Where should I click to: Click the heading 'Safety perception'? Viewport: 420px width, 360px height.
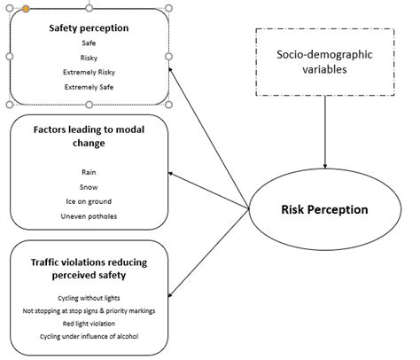[89, 27]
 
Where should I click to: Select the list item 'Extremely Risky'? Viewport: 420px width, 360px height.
[89, 72]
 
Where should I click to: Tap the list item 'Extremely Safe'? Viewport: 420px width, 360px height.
[89, 87]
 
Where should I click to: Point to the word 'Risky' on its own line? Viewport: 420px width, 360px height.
[89, 57]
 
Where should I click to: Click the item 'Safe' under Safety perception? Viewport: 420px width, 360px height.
[89, 42]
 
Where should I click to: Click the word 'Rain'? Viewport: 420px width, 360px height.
[89, 173]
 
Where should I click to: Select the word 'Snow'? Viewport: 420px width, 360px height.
[89, 187]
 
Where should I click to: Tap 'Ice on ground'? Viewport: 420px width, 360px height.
[89, 202]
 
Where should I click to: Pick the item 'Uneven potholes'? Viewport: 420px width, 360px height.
[89, 216]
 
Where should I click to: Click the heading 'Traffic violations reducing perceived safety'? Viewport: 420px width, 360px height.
[89, 268]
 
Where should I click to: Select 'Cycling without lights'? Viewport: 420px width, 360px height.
[89, 298]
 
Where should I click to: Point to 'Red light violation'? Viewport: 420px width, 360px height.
[89, 324]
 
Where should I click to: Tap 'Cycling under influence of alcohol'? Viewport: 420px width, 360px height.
[89, 337]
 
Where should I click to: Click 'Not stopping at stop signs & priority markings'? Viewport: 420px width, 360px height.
[89, 311]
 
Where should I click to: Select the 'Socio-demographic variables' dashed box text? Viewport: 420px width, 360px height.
[325, 63]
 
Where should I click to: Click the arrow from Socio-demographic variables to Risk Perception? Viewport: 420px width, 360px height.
[325, 133]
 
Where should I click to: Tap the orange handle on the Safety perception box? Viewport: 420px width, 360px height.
[27, 8]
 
